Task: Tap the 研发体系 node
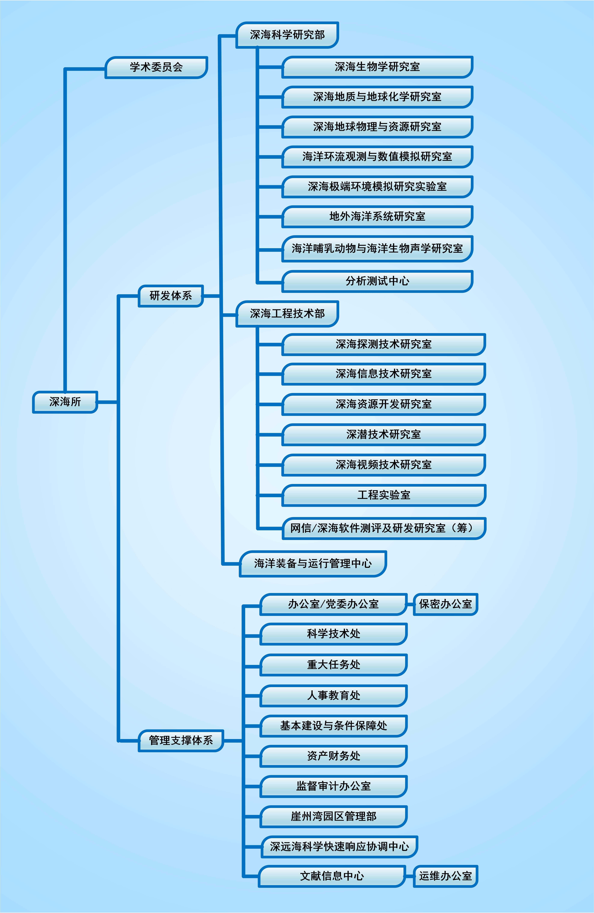point(171,296)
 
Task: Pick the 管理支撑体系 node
point(181,740)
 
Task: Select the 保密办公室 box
point(445,604)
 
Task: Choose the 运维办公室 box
point(445,876)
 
